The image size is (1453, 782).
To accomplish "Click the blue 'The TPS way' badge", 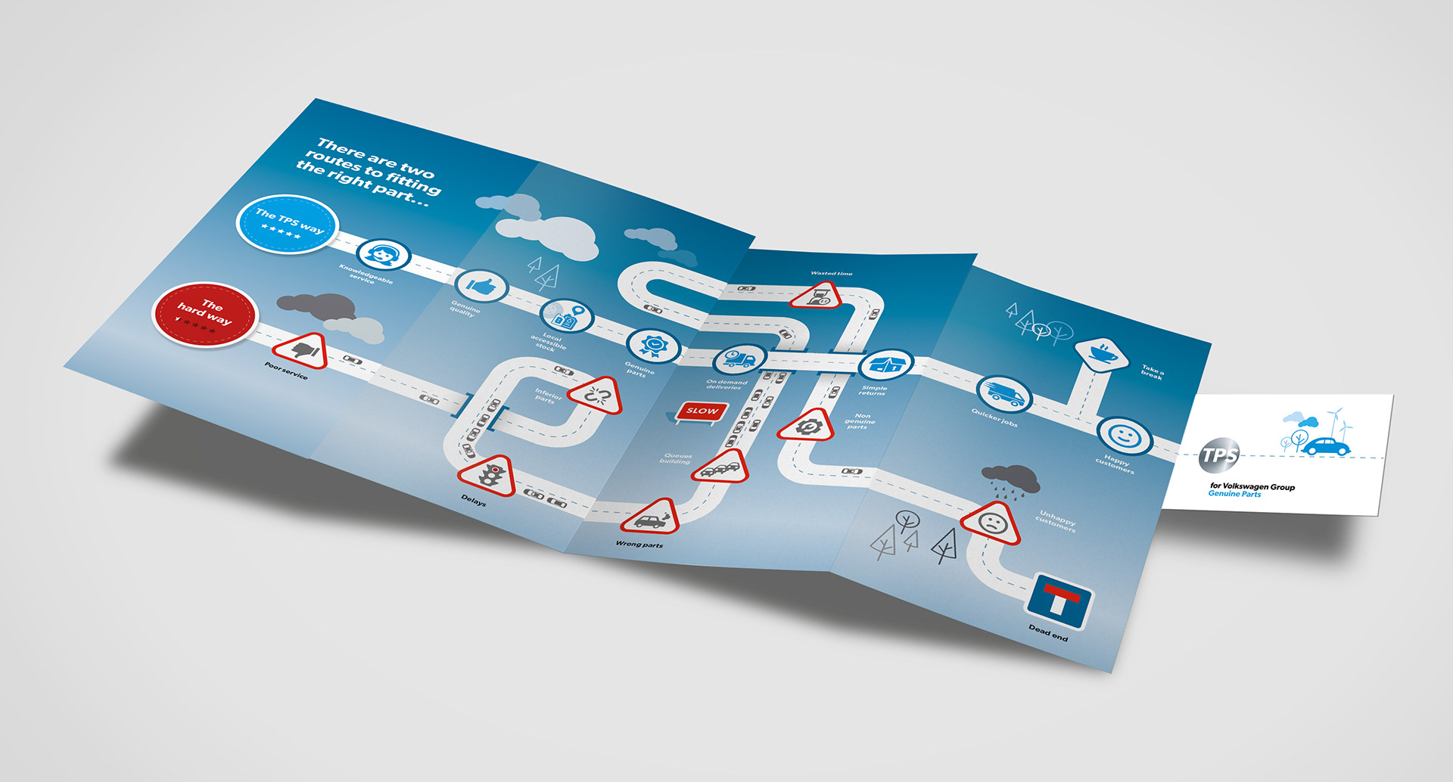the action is tap(287, 223).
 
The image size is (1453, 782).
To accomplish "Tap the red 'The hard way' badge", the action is tap(205, 315).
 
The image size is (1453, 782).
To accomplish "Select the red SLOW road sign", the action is tap(702, 411).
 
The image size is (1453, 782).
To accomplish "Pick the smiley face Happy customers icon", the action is tap(1124, 436).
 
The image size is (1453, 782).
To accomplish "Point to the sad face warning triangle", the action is tap(991, 523).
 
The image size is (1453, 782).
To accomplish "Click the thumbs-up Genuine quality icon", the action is tap(481, 286).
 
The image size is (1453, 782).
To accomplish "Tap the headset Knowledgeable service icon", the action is tap(384, 255).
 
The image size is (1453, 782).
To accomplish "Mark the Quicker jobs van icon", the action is tap(1004, 393).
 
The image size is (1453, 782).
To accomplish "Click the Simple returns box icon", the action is tap(886, 365).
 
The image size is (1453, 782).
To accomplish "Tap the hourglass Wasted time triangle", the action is tap(818, 296).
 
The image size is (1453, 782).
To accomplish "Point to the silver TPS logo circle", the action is tap(1219, 455).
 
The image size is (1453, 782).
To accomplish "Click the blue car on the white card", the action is tap(1326, 446).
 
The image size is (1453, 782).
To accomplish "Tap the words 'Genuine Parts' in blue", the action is tap(1234, 494).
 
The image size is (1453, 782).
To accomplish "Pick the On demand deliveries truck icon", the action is tap(739, 358).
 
